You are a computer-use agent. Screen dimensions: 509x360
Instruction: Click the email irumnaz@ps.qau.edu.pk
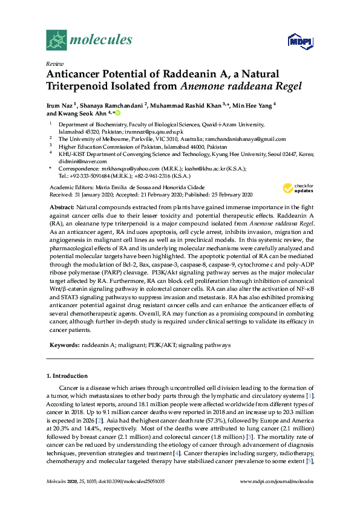pyautogui.click(x=154, y=131)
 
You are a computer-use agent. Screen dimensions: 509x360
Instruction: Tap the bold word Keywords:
pyautogui.click(x=64, y=345)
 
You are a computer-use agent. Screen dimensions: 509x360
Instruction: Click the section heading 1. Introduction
pyautogui.click(x=70, y=377)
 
